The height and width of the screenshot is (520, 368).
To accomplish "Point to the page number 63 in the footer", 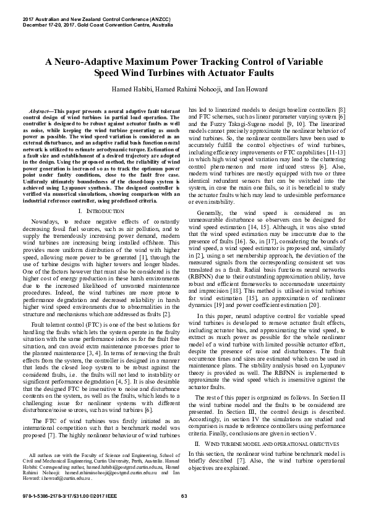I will (184, 498).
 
